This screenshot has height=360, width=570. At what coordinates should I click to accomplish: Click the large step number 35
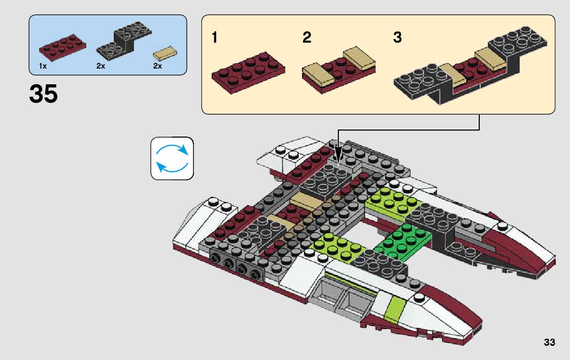pyautogui.click(x=44, y=94)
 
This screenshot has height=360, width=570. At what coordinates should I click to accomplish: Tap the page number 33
pyautogui.click(x=549, y=342)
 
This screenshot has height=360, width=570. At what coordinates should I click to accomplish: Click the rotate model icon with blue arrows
pyautogui.click(x=172, y=158)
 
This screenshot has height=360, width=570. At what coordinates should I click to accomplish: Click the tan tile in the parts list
pyautogui.click(x=166, y=53)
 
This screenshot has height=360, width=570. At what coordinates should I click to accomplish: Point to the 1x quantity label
pyautogui.click(x=43, y=66)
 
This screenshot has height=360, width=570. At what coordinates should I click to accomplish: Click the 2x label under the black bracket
pyautogui.click(x=100, y=66)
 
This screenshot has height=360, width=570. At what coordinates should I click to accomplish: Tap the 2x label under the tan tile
pyautogui.click(x=157, y=66)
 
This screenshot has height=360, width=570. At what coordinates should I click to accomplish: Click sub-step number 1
pyautogui.click(x=215, y=38)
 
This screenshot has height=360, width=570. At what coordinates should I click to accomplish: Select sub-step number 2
pyautogui.click(x=307, y=38)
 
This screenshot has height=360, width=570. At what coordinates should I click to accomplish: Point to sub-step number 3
pyautogui.click(x=397, y=38)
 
